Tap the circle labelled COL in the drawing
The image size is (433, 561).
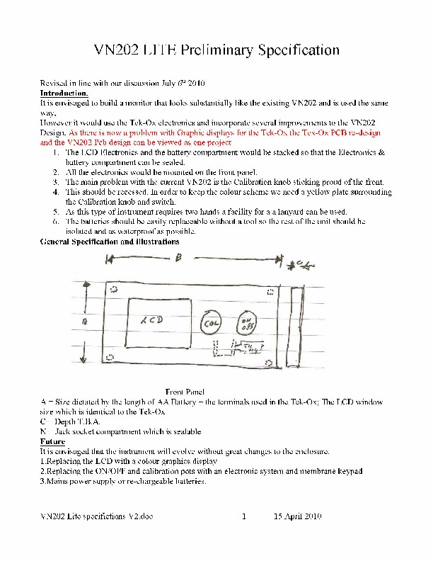click(x=211, y=324)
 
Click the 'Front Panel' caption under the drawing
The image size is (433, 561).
click(x=185, y=392)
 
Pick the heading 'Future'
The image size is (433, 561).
click(x=53, y=441)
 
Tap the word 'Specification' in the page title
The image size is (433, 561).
click(x=299, y=50)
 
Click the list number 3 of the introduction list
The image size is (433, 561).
click(x=56, y=182)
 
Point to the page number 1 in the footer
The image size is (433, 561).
click(x=243, y=516)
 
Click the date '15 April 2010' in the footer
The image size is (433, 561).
click(x=298, y=516)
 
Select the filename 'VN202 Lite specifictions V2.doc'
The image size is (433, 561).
click(x=96, y=516)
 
